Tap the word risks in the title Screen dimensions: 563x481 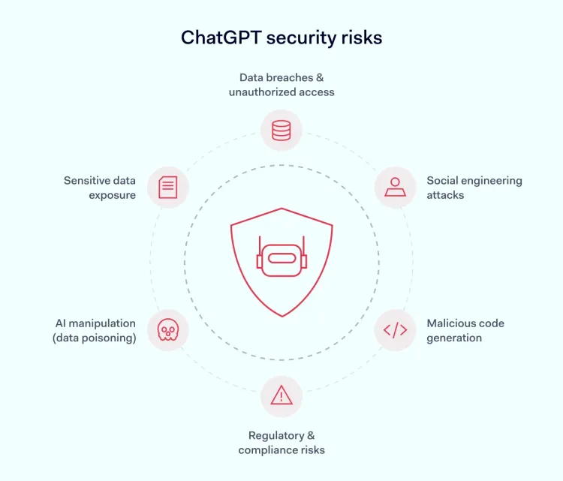click(362, 38)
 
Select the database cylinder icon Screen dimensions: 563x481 click(281, 131)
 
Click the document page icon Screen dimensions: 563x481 click(168, 187)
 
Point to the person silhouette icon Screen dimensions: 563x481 click(396, 187)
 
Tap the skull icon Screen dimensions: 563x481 click(168, 329)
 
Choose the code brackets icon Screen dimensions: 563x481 click(396, 330)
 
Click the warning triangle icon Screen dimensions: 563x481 click(281, 395)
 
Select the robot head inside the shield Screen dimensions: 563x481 click(281, 257)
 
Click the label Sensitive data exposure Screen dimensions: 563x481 click(100, 188)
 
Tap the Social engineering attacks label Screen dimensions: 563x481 click(474, 188)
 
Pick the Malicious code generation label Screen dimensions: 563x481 click(465, 331)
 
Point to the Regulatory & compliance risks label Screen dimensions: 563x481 click(281, 443)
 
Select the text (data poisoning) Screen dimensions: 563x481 click(95, 338)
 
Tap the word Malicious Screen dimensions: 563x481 click(451, 323)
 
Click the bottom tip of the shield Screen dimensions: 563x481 click(282, 317)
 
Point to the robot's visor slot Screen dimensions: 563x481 click(281, 258)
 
